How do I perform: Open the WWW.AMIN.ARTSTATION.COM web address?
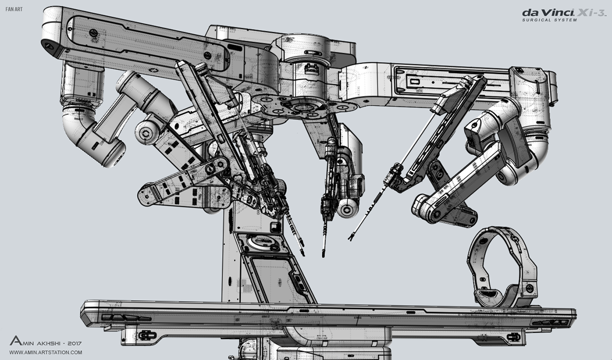45,352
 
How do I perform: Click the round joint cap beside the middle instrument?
350,207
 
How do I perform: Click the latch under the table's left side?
146,335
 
